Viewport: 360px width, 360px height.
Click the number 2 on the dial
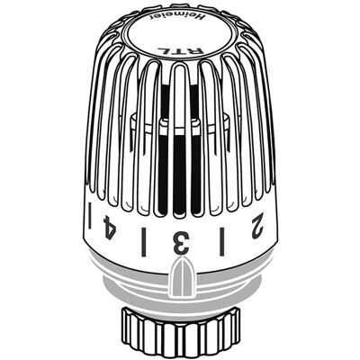258,226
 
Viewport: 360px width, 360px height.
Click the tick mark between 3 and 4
144,242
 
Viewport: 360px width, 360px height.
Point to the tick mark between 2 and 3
222,242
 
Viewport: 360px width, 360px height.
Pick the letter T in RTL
180,50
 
